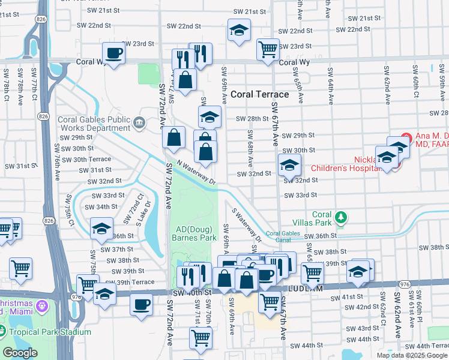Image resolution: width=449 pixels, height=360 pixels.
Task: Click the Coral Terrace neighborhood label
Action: pyautogui.click(x=260, y=94)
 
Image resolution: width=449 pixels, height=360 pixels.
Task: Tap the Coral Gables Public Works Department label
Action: pyautogui.click(x=94, y=124)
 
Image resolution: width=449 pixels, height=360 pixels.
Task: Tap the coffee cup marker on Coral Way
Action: pyautogui.click(x=113, y=54)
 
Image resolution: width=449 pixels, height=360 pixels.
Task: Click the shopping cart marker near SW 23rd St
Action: pyautogui.click(x=268, y=49)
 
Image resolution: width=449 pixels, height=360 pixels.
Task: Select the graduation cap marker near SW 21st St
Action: pyautogui.click(x=239, y=30)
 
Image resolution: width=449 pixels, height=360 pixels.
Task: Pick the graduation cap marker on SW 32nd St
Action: pyautogui.click(x=289, y=165)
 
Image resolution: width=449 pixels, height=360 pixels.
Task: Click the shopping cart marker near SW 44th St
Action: pyautogui.click(x=200, y=337)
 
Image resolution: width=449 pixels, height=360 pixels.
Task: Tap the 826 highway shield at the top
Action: pyautogui.click(x=40, y=20)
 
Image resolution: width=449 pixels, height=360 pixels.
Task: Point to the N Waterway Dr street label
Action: pyautogui.click(x=196, y=173)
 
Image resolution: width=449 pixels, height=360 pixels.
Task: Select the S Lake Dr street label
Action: pyautogui.click(x=148, y=213)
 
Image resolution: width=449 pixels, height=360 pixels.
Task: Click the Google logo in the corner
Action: pyautogui.click(x=20, y=353)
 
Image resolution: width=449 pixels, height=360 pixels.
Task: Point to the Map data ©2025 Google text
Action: pyautogui.click(x=411, y=355)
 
